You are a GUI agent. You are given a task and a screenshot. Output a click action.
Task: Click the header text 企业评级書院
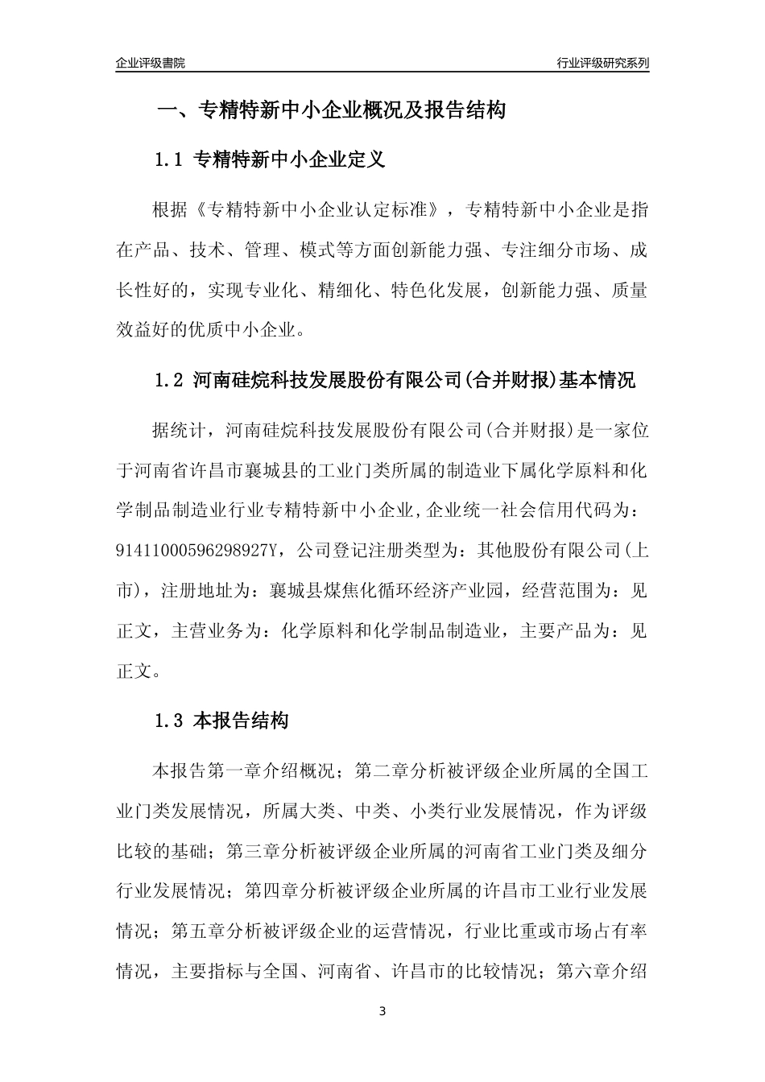(x=151, y=63)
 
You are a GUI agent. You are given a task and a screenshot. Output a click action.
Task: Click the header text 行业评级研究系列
(x=602, y=63)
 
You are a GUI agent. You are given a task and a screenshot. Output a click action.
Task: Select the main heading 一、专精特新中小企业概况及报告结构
(x=331, y=110)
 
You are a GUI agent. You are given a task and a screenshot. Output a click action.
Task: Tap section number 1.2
(x=170, y=380)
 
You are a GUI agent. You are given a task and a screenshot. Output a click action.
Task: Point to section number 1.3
(x=170, y=721)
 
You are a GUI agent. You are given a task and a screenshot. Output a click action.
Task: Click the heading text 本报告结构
(x=241, y=721)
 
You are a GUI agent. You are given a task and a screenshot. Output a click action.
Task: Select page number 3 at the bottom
(x=382, y=1011)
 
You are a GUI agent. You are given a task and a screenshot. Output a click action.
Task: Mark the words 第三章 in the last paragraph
(x=255, y=850)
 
